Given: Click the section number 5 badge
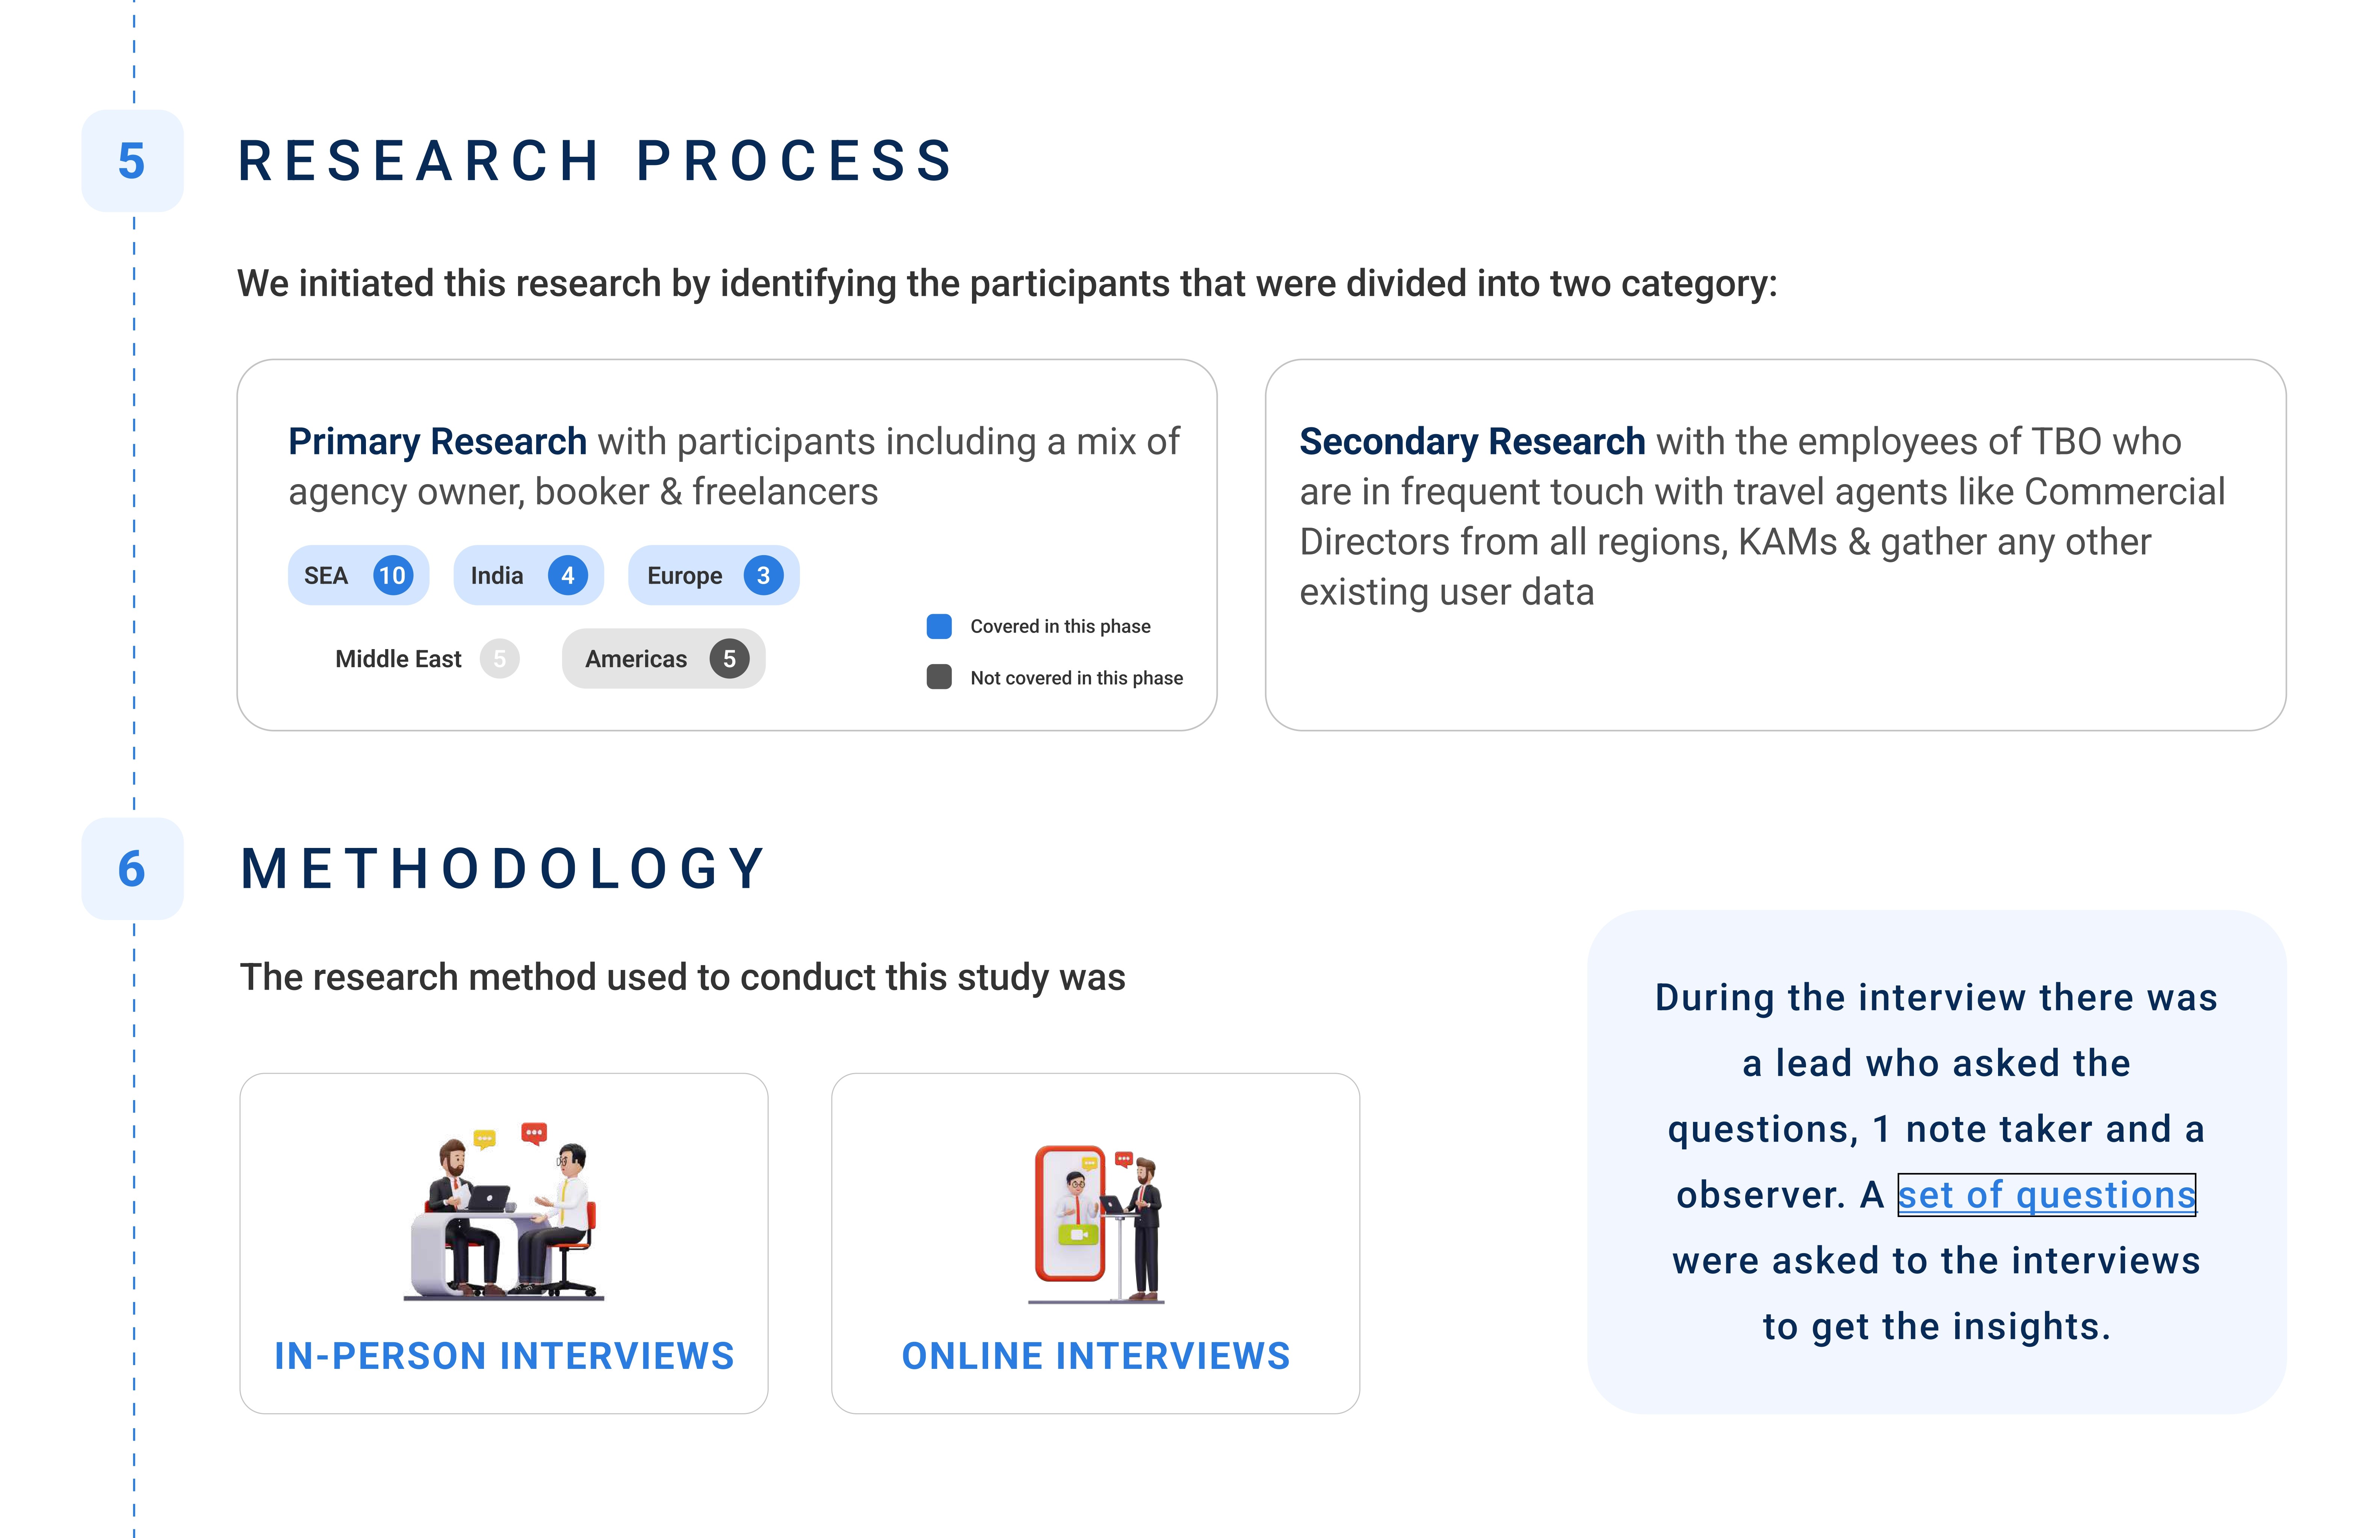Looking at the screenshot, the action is tap(132, 161).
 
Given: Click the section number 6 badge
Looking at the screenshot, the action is tap(132, 869).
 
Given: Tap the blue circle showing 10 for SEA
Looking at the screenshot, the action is tap(393, 575).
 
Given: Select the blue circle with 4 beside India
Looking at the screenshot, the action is tap(567, 575).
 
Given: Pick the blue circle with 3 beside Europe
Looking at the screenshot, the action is tap(763, 575).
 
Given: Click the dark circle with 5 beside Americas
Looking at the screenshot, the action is tap(729, 658).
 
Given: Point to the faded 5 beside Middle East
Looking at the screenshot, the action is tap(499, 658).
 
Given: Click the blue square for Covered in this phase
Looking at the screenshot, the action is tap(939, 626).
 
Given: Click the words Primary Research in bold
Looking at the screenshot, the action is tap(438, 441).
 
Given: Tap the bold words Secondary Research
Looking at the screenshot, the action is tap(1472, 441).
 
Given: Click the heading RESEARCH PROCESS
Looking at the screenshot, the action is tap(597, 161).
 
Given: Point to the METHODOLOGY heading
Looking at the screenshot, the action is tap(504, 869).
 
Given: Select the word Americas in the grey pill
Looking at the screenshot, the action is tap(635, 658).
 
